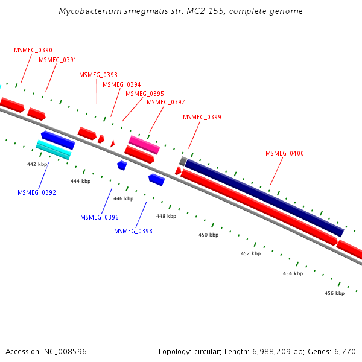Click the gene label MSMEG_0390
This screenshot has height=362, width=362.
coord(33,50)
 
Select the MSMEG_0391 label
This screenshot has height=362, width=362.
coord(57,60)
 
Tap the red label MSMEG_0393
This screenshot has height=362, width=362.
coord(98,75)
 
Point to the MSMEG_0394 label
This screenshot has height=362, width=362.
coord(121,84)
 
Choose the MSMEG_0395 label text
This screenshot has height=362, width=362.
coord(144,94)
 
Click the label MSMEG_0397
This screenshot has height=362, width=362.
coord(165,102)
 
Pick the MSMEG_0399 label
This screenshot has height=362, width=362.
coord(202,117)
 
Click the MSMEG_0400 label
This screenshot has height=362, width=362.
coord(284,153)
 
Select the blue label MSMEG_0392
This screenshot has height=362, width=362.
coord(36,192)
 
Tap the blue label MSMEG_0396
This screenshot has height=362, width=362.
coord(99,217)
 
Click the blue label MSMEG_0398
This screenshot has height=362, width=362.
coord(133,231)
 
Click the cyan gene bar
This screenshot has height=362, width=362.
coord(53,149)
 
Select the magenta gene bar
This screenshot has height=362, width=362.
coord(144,145)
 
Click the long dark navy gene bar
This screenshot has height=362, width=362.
coord(264,198)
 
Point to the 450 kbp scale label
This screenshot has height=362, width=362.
coord(208,235)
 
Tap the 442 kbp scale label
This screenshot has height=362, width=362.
coord(37,164)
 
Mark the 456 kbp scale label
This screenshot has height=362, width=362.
coord(334,293)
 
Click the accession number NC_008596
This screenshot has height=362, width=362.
coord(66,351)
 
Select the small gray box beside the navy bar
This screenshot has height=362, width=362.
coord(183,161)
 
